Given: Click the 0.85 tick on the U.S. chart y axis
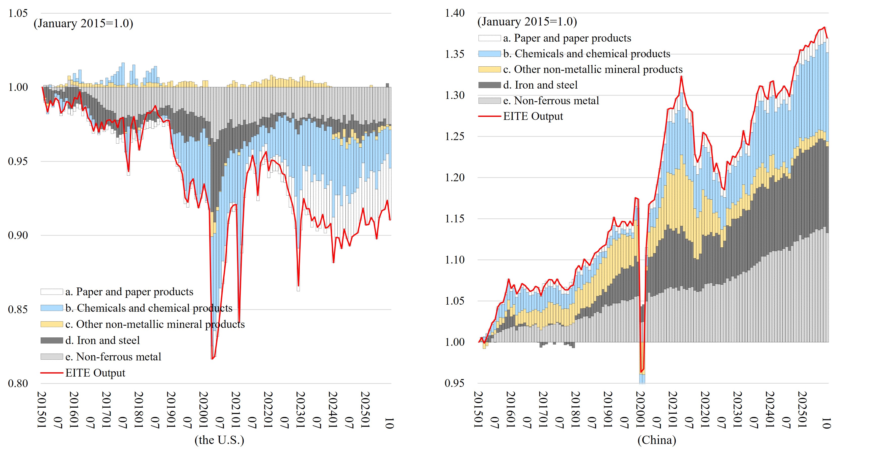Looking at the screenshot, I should pos(18,309).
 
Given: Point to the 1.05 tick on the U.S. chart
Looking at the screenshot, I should pos(18,13).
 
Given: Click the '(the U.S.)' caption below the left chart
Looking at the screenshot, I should pos(219,440).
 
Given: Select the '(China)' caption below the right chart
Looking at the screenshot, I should pos(657,440).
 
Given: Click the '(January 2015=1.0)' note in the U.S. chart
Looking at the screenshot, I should pos(83,23).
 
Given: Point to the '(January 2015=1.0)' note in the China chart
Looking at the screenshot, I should pos(527,22).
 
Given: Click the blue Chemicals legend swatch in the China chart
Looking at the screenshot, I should pos(489,54).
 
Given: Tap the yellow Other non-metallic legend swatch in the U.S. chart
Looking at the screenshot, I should pos(52,324).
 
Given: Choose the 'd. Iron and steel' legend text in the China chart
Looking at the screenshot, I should pos(540,85).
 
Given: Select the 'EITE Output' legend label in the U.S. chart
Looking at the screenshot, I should pos(95,373).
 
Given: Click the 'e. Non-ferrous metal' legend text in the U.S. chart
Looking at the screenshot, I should pos(113,356).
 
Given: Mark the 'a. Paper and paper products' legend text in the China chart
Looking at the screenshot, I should pos(567,38).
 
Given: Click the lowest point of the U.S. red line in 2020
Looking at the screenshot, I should pos(212,359).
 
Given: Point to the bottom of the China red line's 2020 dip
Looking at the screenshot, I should pos(641,372).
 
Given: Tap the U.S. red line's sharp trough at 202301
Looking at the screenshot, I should pos(298,286).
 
